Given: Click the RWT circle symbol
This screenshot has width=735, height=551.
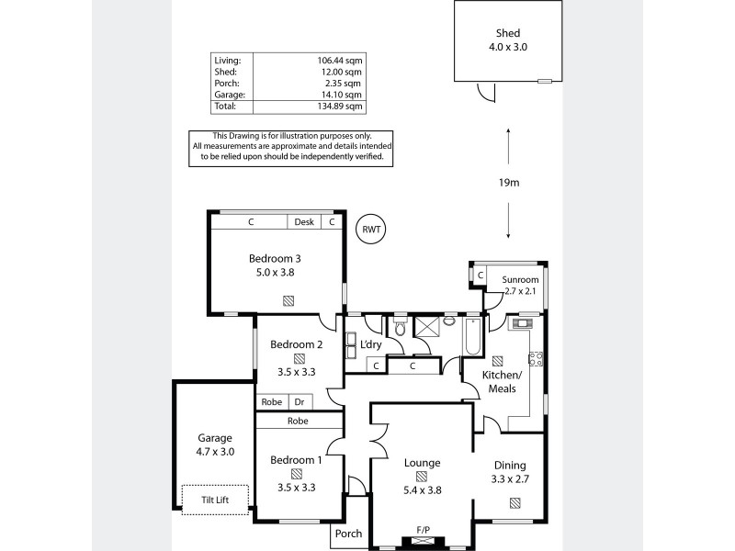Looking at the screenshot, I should click(371, 230).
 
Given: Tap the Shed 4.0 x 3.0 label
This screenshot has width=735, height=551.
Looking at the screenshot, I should click(509, 39).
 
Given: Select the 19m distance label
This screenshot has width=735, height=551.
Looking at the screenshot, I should click(509, 183).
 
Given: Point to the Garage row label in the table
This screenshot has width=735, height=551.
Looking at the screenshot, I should click(226, 95).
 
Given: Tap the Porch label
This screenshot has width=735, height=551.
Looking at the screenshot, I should click(349, 534).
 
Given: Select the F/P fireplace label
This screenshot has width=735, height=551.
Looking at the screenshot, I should click(423, 530).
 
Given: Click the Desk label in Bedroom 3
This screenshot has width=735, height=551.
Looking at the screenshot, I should click(303, 222).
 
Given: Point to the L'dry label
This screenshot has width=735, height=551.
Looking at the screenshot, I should click(370, 344).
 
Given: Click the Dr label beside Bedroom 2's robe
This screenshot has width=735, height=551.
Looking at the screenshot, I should click(300, 401).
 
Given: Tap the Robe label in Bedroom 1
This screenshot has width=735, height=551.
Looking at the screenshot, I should click(298, 422).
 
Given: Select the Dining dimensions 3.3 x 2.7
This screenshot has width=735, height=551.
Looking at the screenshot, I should click(511, 479).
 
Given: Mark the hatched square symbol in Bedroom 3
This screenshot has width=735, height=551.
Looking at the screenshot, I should click(288, 299).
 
